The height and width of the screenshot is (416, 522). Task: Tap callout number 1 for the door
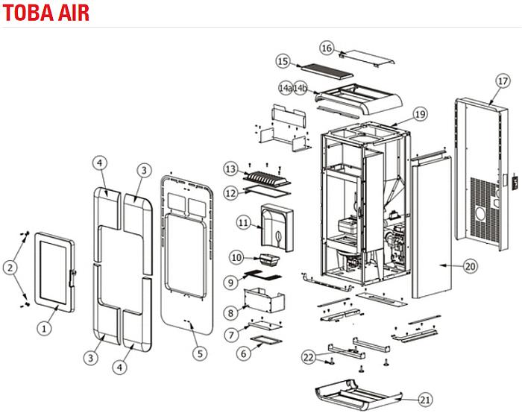point(44,326)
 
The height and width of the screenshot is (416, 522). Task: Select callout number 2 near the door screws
point(10,265)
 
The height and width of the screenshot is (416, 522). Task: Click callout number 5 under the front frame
point(198,353)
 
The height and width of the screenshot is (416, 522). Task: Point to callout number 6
point(242,353)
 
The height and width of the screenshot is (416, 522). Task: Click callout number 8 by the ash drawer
point(230,312)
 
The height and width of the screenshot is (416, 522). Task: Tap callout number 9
point(231,280)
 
